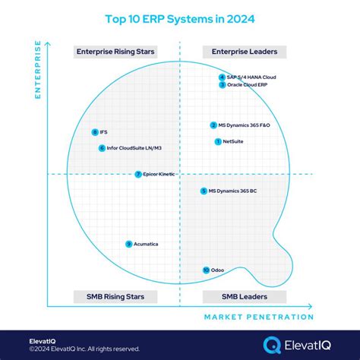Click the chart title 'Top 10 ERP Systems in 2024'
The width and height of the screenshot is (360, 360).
pyautogui.click(x=180, y=16)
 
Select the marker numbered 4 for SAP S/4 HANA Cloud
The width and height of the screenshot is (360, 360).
pyautogui.click(x=221, y=77)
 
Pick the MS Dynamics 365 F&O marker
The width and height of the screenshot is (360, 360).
pyautogui.click(x=213, y=125)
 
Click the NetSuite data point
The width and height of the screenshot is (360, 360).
pyautogui.click(x=218, y=141)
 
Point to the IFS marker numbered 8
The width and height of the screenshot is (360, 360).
pyautogui.click(x=94, y=132)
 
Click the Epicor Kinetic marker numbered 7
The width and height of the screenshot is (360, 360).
pyautogui.click(x=137, y=174)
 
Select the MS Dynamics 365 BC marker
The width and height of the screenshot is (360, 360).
pyautogui.click(x=203, y=191)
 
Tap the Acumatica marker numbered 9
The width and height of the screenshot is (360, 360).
pyautogui.click(x=128, y=244)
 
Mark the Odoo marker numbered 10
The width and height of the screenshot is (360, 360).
pyautogui.click(x=206, y=270)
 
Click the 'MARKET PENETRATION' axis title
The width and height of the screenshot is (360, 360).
pyautogui.click(x=257, y=317)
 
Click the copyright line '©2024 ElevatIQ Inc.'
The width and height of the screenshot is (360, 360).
pyautogui.click(x=74, y=349)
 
